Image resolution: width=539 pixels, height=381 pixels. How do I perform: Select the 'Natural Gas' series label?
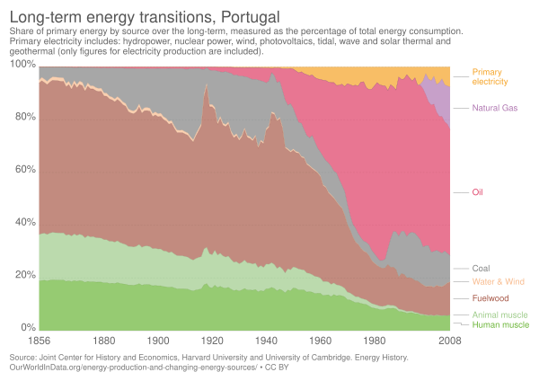(493, 108)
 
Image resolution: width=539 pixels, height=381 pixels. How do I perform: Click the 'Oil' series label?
(477, 191)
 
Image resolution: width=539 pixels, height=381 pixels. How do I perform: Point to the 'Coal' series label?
(481, 268)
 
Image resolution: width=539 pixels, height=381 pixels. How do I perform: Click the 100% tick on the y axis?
(23, 67)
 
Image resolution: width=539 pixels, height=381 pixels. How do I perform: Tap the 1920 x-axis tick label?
(213, 341)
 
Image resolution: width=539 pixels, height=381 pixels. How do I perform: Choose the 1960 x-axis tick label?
(321, 341)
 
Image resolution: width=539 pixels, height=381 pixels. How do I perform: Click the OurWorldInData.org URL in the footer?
(126, 368)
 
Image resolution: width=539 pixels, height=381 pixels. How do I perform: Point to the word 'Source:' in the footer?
(25, 358)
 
